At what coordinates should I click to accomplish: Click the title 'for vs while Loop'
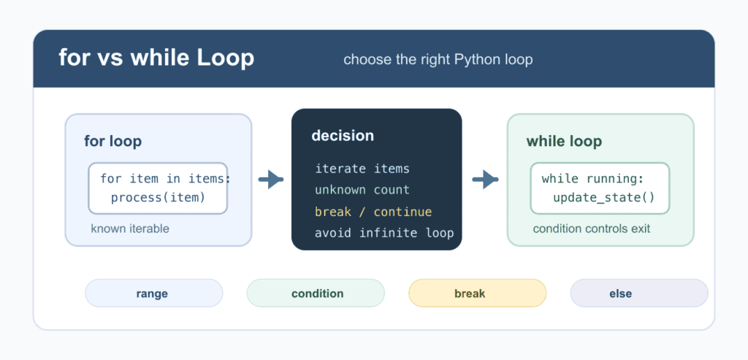coord(156,58)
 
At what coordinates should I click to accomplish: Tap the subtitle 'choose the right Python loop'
coord(438,60)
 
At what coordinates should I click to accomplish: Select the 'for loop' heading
coord(113,141)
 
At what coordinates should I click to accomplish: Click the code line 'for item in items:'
coord(166,179)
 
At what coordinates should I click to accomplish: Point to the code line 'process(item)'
coord(158,197)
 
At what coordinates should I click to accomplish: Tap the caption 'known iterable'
coord(130,229)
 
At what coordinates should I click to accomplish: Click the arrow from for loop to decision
coord(271,180)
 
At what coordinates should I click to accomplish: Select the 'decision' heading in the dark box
coord(343,136)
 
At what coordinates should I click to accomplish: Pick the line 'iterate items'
coord(362,169)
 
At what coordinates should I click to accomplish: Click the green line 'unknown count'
coord(362,190)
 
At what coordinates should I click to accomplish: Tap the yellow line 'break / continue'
coord(373,212)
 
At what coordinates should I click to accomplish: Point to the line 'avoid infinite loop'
coord(384,233)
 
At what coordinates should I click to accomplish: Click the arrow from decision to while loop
coord(485,180)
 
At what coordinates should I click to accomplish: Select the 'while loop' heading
coord(564,142)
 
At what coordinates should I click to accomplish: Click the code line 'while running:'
coord(593,179)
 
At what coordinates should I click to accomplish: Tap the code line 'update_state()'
coord(604,197)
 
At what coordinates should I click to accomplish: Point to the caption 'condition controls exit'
coord(592,229)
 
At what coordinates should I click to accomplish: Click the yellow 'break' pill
coord(477,294)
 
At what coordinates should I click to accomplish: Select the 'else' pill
coord(639,294)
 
